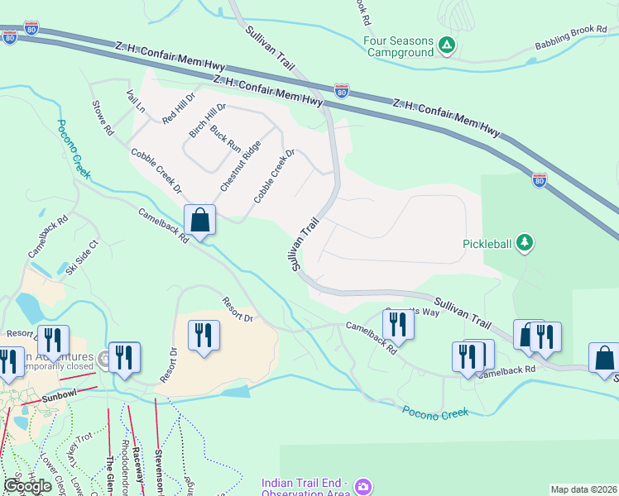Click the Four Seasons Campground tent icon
[447, 45]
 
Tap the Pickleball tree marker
[524, 243]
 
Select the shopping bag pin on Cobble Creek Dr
[199, 221]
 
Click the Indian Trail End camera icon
[362, 487]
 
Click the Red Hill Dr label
[178, 108]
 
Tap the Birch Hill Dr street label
[207, 122]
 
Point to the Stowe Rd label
[103, 117]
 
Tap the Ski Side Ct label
[82, 255]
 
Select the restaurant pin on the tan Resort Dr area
[203, 336]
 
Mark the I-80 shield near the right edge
[540, 179]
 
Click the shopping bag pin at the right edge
[604, 358]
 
